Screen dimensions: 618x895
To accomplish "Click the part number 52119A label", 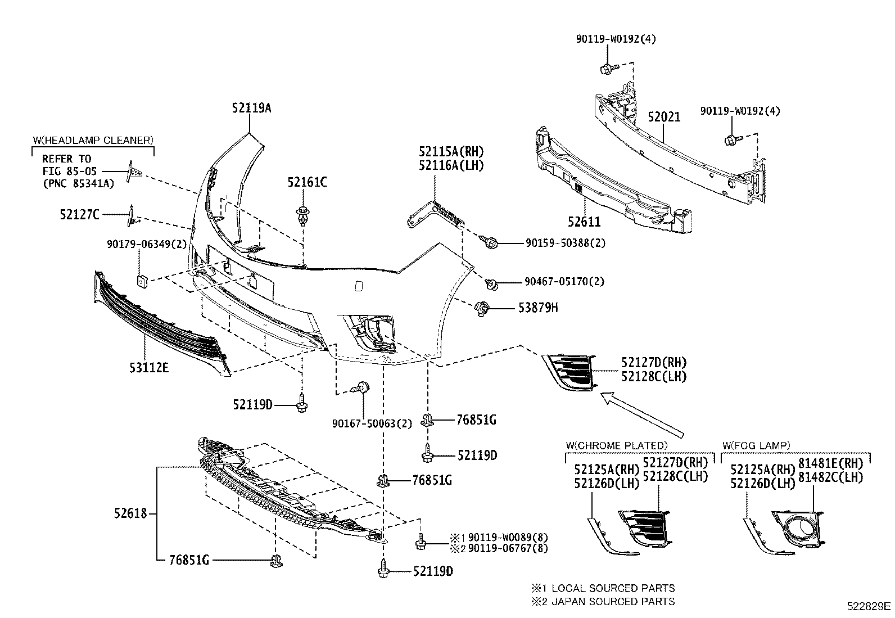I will coord(251,108).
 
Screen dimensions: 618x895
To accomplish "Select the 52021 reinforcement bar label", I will coord(663,117).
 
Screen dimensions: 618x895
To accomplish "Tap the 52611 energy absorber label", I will coord(584,222).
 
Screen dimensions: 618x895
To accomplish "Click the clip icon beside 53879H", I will coord(482,308).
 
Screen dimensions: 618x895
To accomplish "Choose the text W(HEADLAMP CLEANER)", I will coord(92,140).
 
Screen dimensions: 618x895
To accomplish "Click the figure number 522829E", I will coord(869,606).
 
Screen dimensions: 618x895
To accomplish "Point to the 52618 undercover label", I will coord(130,513).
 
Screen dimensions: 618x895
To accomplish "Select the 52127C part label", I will coord(79,214).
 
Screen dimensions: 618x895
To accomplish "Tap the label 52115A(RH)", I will coord(451,152).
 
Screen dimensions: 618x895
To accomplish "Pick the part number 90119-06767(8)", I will coord(508,548).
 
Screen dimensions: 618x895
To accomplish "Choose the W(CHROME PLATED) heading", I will coord(616,445).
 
